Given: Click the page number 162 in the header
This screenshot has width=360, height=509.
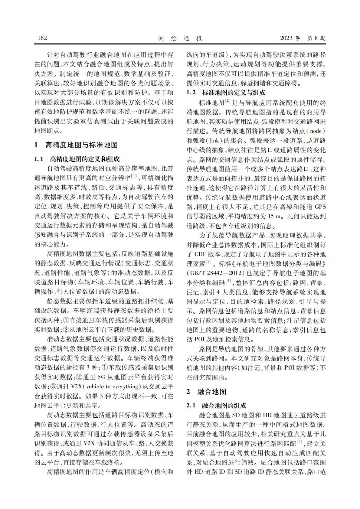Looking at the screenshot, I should click(x=42, y=38).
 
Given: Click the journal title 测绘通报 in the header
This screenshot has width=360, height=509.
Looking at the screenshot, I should click(x=180, y=38).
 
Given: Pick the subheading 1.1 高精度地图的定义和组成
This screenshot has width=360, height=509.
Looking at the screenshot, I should click(x=77, y=159).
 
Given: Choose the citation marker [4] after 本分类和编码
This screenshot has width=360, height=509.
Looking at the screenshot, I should click(x=228, y=281).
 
